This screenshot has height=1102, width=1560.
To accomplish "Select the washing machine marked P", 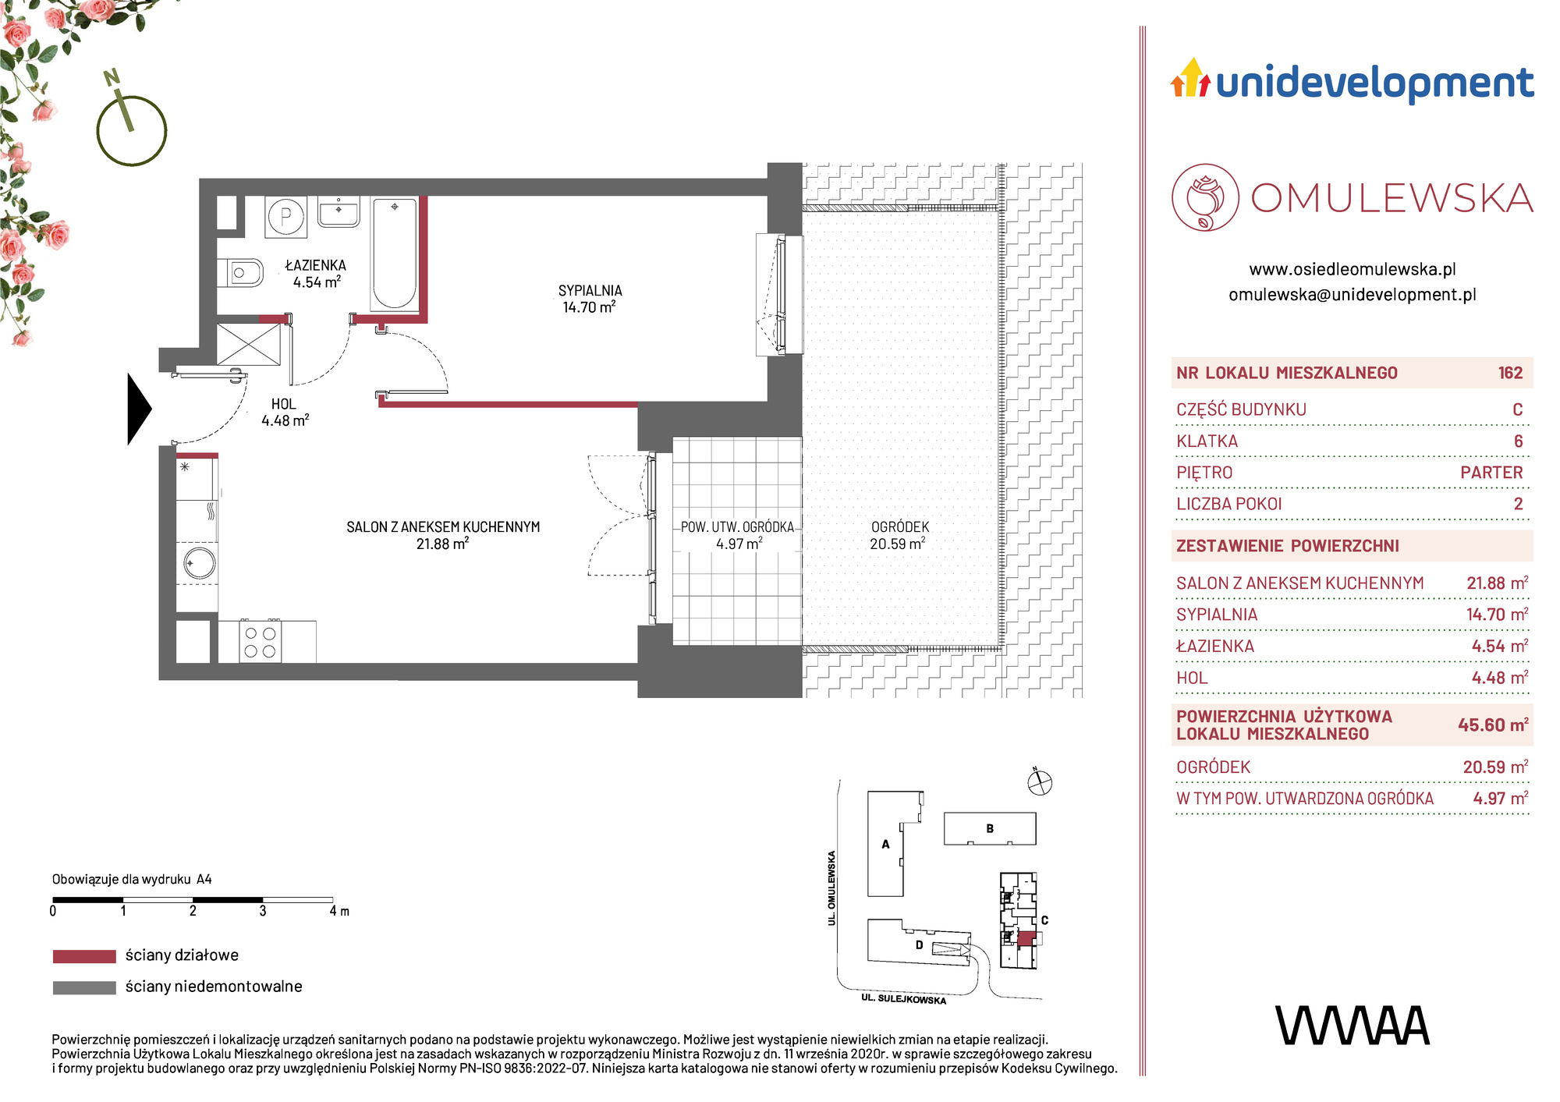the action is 286,217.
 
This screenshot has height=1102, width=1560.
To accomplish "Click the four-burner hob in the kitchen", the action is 261,642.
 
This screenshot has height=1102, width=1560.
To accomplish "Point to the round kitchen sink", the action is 199,563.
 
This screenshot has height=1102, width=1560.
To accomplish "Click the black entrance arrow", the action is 139,409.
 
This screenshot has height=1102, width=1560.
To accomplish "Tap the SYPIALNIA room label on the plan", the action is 590,290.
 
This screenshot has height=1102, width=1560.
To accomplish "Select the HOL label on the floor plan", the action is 283,404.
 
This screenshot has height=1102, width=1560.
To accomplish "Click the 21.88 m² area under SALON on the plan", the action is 442,544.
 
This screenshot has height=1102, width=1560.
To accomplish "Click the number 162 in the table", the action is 1510,373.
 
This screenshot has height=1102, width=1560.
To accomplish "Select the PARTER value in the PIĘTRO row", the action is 1491,473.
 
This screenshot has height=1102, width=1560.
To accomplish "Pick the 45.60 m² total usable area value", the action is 1493,725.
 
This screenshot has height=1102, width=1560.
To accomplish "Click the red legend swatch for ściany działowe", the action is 84,956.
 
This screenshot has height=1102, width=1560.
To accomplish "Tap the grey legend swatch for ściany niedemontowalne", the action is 84,987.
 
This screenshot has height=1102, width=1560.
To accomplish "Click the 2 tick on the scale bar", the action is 193,910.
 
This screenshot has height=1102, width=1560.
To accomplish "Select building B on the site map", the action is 990,828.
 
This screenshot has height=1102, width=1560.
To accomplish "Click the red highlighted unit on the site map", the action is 1026,938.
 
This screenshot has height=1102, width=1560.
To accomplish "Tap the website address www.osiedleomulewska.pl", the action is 1353,269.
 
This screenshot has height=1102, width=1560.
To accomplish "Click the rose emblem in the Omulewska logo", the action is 1205,197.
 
